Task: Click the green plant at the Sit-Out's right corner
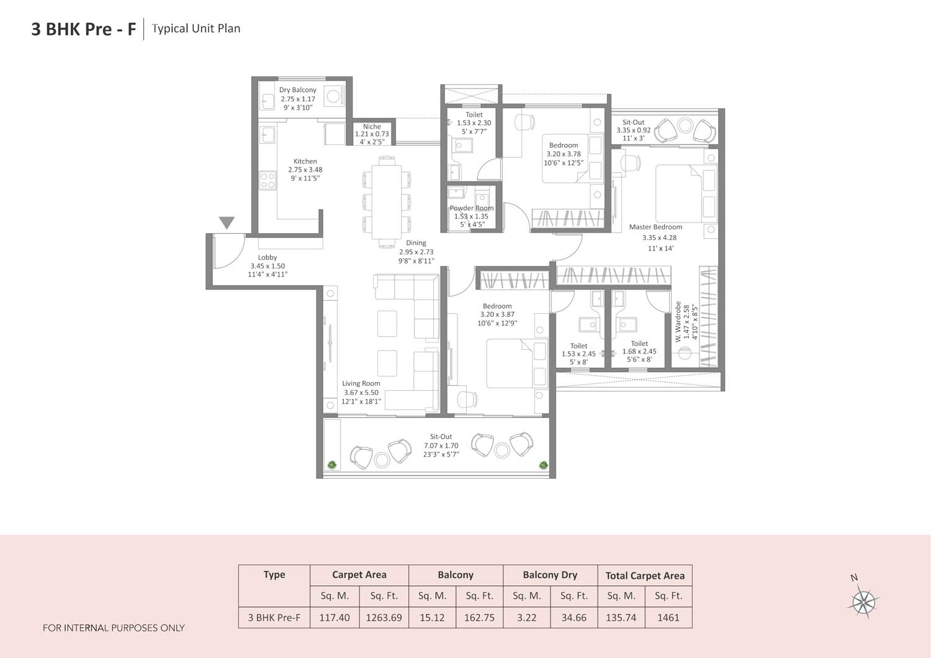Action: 544,465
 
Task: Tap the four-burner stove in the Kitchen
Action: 268,180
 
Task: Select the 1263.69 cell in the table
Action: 384,618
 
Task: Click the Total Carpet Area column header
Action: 644,576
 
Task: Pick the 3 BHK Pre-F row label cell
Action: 274,618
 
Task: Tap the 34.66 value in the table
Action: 573,618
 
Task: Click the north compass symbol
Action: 863,600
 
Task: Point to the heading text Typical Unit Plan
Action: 196,29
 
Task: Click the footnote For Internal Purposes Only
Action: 114,628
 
